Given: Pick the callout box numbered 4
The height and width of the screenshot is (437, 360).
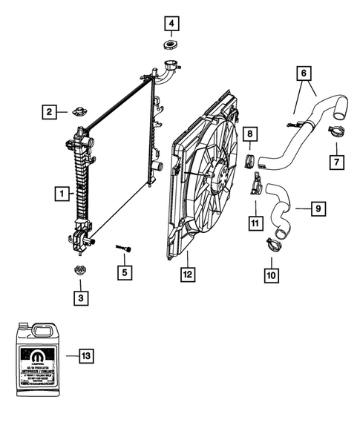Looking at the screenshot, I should [171, 24].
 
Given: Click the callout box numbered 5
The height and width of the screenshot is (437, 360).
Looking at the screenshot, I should [127, 272].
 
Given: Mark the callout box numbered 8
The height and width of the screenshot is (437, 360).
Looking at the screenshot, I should [251, 134].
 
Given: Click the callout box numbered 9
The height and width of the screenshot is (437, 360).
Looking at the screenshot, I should [317, 210].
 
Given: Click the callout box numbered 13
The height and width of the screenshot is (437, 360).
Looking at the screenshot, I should [86, 356].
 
